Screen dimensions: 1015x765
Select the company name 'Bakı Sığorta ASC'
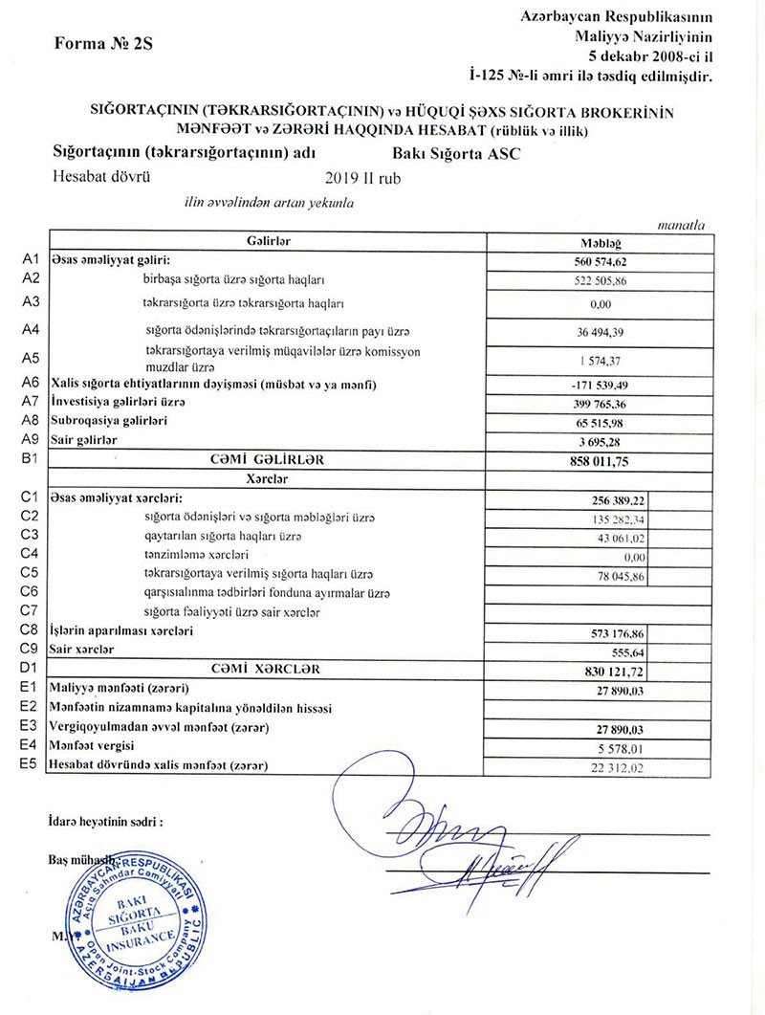456,153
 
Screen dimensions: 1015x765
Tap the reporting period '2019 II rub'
364,177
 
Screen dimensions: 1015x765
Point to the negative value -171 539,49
600,385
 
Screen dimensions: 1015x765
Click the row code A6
29,385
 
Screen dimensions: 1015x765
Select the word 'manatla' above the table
682,226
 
